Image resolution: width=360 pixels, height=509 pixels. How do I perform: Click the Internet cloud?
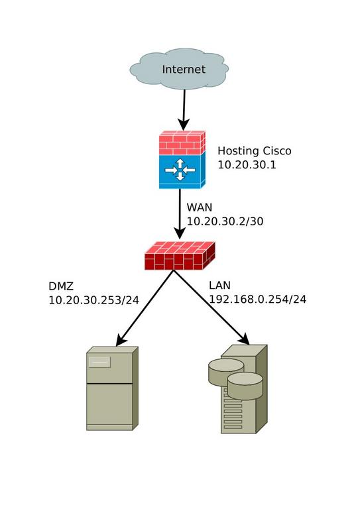pos(179,69)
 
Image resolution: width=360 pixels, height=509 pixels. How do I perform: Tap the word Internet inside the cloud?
pos(184,70)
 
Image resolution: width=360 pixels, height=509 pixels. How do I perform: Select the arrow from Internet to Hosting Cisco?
pos(184,110)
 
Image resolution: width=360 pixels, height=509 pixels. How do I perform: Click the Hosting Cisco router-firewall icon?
pos(182,160)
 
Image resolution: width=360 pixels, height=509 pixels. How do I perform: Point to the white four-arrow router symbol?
pos(180,170)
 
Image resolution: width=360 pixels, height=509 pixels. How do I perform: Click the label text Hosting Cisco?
pos(255,151)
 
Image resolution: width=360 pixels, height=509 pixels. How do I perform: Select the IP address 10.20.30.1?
pos(247,165)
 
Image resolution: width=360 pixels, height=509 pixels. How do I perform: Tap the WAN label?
pos(200,207)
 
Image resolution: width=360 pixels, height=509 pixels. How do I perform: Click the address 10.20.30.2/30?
pos(225,221)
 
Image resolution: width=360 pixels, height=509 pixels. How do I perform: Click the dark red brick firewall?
pos(180,256)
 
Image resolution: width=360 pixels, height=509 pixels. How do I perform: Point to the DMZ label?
pos(61,286)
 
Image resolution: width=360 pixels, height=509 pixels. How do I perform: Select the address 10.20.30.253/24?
pos(94,300)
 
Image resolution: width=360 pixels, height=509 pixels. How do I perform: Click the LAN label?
pos(219,286)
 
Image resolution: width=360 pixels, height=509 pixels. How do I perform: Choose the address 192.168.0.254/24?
pos(258,300)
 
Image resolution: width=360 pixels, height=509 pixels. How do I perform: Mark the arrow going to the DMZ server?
pos(145,308)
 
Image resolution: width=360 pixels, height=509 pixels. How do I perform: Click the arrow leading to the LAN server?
pos(211,307)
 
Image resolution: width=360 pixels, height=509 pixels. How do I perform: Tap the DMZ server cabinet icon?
pos(112,388)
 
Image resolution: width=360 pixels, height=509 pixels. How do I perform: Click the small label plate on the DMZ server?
pos(99,362)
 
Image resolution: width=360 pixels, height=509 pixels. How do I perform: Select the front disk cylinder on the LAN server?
pos(245,386)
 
